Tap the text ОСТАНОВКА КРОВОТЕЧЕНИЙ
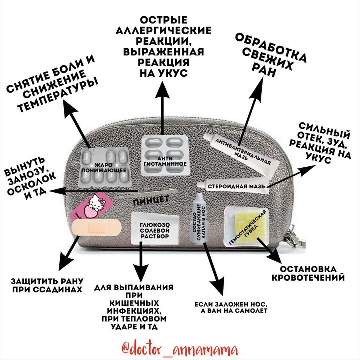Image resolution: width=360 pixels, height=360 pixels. [x=308, y=274]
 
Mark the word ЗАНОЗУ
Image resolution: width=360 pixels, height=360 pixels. [x=27, y=172]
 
